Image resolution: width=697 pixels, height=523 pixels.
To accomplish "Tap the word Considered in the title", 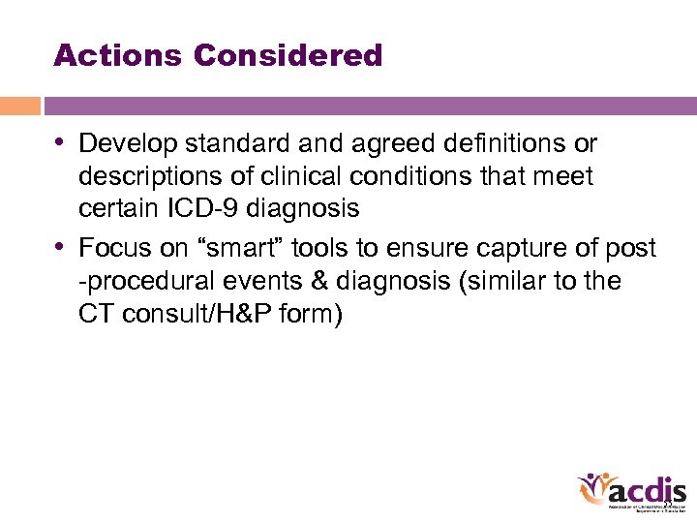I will pyautogui.click(x=288, y=55).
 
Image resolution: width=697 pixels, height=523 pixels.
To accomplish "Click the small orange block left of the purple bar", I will pyautogui.click(x=19, y=106).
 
